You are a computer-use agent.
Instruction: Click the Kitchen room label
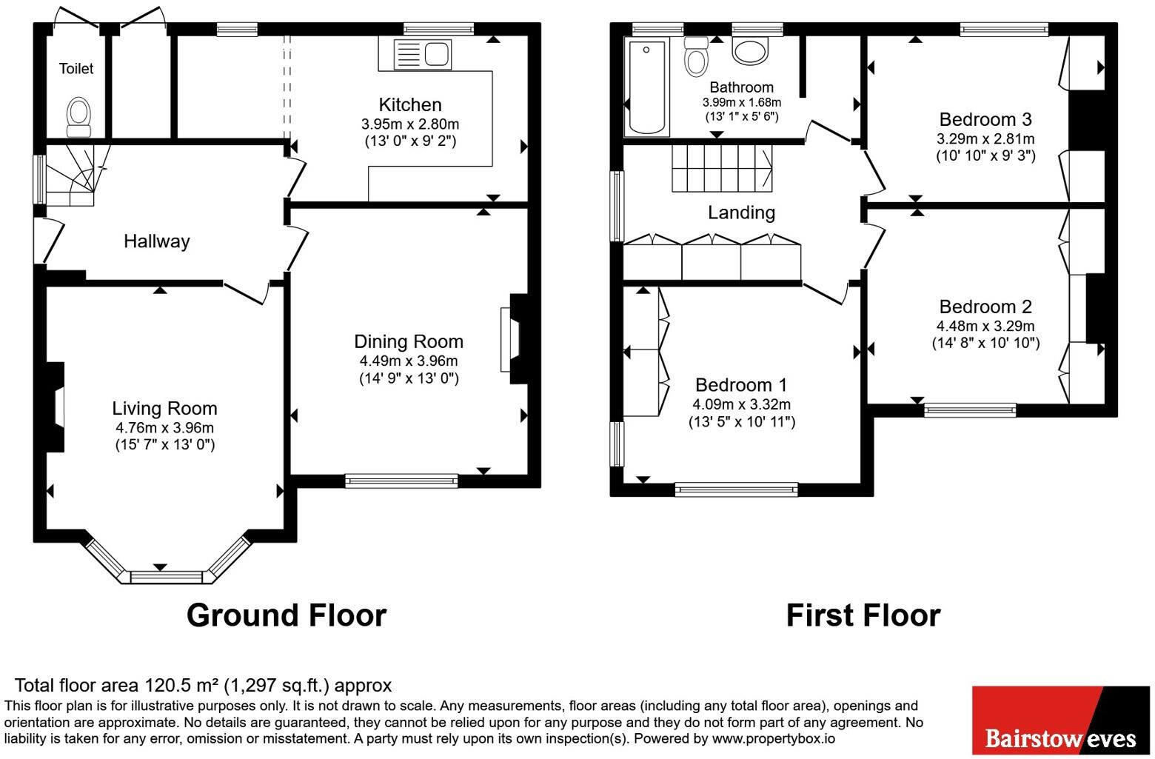410,104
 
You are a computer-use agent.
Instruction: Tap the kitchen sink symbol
423,55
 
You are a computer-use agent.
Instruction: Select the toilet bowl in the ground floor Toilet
79,117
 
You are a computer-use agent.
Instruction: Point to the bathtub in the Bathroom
646,87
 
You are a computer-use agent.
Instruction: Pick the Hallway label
157,241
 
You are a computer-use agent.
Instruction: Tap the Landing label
741,213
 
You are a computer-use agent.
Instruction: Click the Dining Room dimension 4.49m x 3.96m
409,361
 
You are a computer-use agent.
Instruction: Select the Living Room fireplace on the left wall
56,407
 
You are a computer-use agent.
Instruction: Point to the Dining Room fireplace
514,338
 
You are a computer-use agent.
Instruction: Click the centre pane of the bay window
167,577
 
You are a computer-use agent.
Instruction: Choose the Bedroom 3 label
985,120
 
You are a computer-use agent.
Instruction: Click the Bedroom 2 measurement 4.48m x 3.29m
985,326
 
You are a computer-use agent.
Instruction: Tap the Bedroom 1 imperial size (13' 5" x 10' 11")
741,422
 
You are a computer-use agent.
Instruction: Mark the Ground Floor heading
287,615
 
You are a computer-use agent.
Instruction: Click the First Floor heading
863,615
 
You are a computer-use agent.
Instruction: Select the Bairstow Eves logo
1061,720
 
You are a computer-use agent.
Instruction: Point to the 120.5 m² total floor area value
181,685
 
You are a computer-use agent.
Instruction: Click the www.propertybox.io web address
774,738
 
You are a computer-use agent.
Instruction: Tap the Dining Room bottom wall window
401,481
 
